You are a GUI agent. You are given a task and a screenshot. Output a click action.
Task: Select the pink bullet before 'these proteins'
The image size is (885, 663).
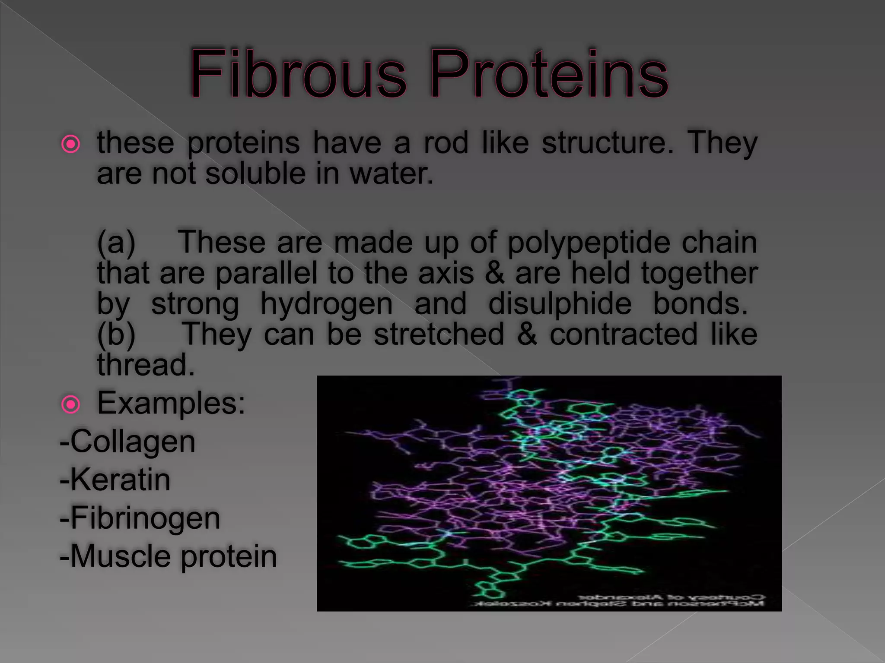[70, 145]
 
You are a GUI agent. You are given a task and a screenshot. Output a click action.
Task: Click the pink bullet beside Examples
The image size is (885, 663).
[70, 405]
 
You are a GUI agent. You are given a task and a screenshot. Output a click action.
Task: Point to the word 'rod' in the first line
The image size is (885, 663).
[446, 143]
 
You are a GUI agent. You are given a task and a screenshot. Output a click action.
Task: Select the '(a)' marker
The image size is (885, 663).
[116, 243]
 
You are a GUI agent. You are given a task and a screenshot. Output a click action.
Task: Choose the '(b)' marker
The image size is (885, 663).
[116, 335]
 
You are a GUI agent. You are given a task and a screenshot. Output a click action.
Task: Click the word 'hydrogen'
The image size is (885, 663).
[327, 304]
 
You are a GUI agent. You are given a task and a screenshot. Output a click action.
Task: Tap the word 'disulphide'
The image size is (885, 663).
[560, 304]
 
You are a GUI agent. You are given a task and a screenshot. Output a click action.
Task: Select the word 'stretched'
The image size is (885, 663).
[439, 335]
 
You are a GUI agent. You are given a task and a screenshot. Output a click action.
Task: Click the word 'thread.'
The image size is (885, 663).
[146, 365]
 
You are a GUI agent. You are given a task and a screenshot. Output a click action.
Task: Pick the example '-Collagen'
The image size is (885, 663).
[128, 442]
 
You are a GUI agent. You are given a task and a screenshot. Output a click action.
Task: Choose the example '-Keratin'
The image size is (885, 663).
[115, 480]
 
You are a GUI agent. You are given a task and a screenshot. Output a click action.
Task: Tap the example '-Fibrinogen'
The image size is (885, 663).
[140, 518]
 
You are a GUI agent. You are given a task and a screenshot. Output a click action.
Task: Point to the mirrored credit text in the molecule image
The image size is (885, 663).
[618, 600]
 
